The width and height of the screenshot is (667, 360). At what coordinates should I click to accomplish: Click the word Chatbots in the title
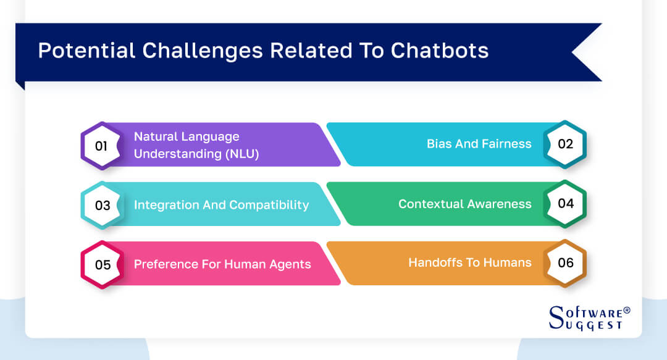(x=439, y=51)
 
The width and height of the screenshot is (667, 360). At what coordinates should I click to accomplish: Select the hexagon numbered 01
(x=102, y=146)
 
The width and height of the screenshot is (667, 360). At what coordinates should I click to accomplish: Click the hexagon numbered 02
(x=565, y=144)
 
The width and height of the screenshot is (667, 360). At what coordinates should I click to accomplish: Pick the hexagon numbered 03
(x=102, y=205)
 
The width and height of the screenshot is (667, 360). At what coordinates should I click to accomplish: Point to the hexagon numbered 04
(x=565, y=204)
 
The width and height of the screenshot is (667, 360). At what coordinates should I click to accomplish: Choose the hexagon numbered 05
(x=102, y=265)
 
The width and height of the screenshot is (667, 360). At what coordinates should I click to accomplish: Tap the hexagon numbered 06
(x=565, y=263)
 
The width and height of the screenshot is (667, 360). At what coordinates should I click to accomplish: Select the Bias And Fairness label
(x=479, y=144)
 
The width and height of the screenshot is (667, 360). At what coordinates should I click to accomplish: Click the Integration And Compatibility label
(x=221, y=205)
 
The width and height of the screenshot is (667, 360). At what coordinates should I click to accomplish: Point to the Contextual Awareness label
(x=464, y=204)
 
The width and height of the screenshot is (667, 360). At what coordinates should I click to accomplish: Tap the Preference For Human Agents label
(x=222, y=265)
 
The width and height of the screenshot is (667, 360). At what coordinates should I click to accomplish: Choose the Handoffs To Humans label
(x=469, y=263)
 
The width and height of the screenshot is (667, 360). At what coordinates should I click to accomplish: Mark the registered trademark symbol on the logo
(x=627, y=310)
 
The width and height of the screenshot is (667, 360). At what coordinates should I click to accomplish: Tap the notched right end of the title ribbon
(x=584, y=52)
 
